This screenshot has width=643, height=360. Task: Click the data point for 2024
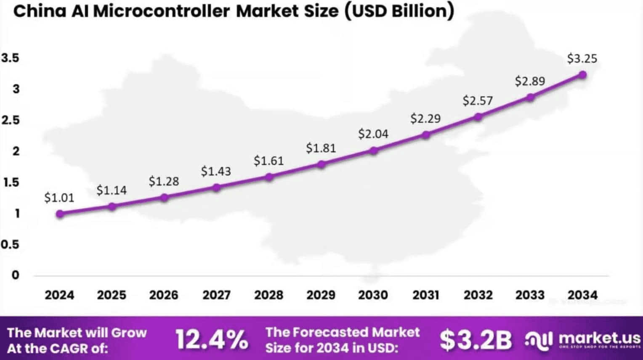60,214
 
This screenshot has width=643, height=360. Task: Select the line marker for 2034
582,75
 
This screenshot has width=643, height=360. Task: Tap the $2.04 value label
373,134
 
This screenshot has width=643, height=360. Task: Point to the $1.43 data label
216,171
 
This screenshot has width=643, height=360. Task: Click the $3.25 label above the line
582,58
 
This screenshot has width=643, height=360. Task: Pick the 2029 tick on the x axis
321,295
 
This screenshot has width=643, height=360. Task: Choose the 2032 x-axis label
478,295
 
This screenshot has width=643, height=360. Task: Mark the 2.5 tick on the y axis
11,120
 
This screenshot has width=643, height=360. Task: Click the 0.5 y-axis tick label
11,244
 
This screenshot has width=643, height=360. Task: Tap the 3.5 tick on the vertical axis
11,58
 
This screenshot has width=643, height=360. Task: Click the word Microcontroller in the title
161,11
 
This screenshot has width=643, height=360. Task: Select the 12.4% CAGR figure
211,340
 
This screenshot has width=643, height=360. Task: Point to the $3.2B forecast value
476,340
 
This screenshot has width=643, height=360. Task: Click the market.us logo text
599,338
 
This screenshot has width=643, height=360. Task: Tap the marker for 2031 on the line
426,135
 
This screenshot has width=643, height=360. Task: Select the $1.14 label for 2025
112,190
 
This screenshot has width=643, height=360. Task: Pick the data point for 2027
216,188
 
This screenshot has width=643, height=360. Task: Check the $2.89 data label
530,81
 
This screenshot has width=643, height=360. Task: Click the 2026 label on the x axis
164,295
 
